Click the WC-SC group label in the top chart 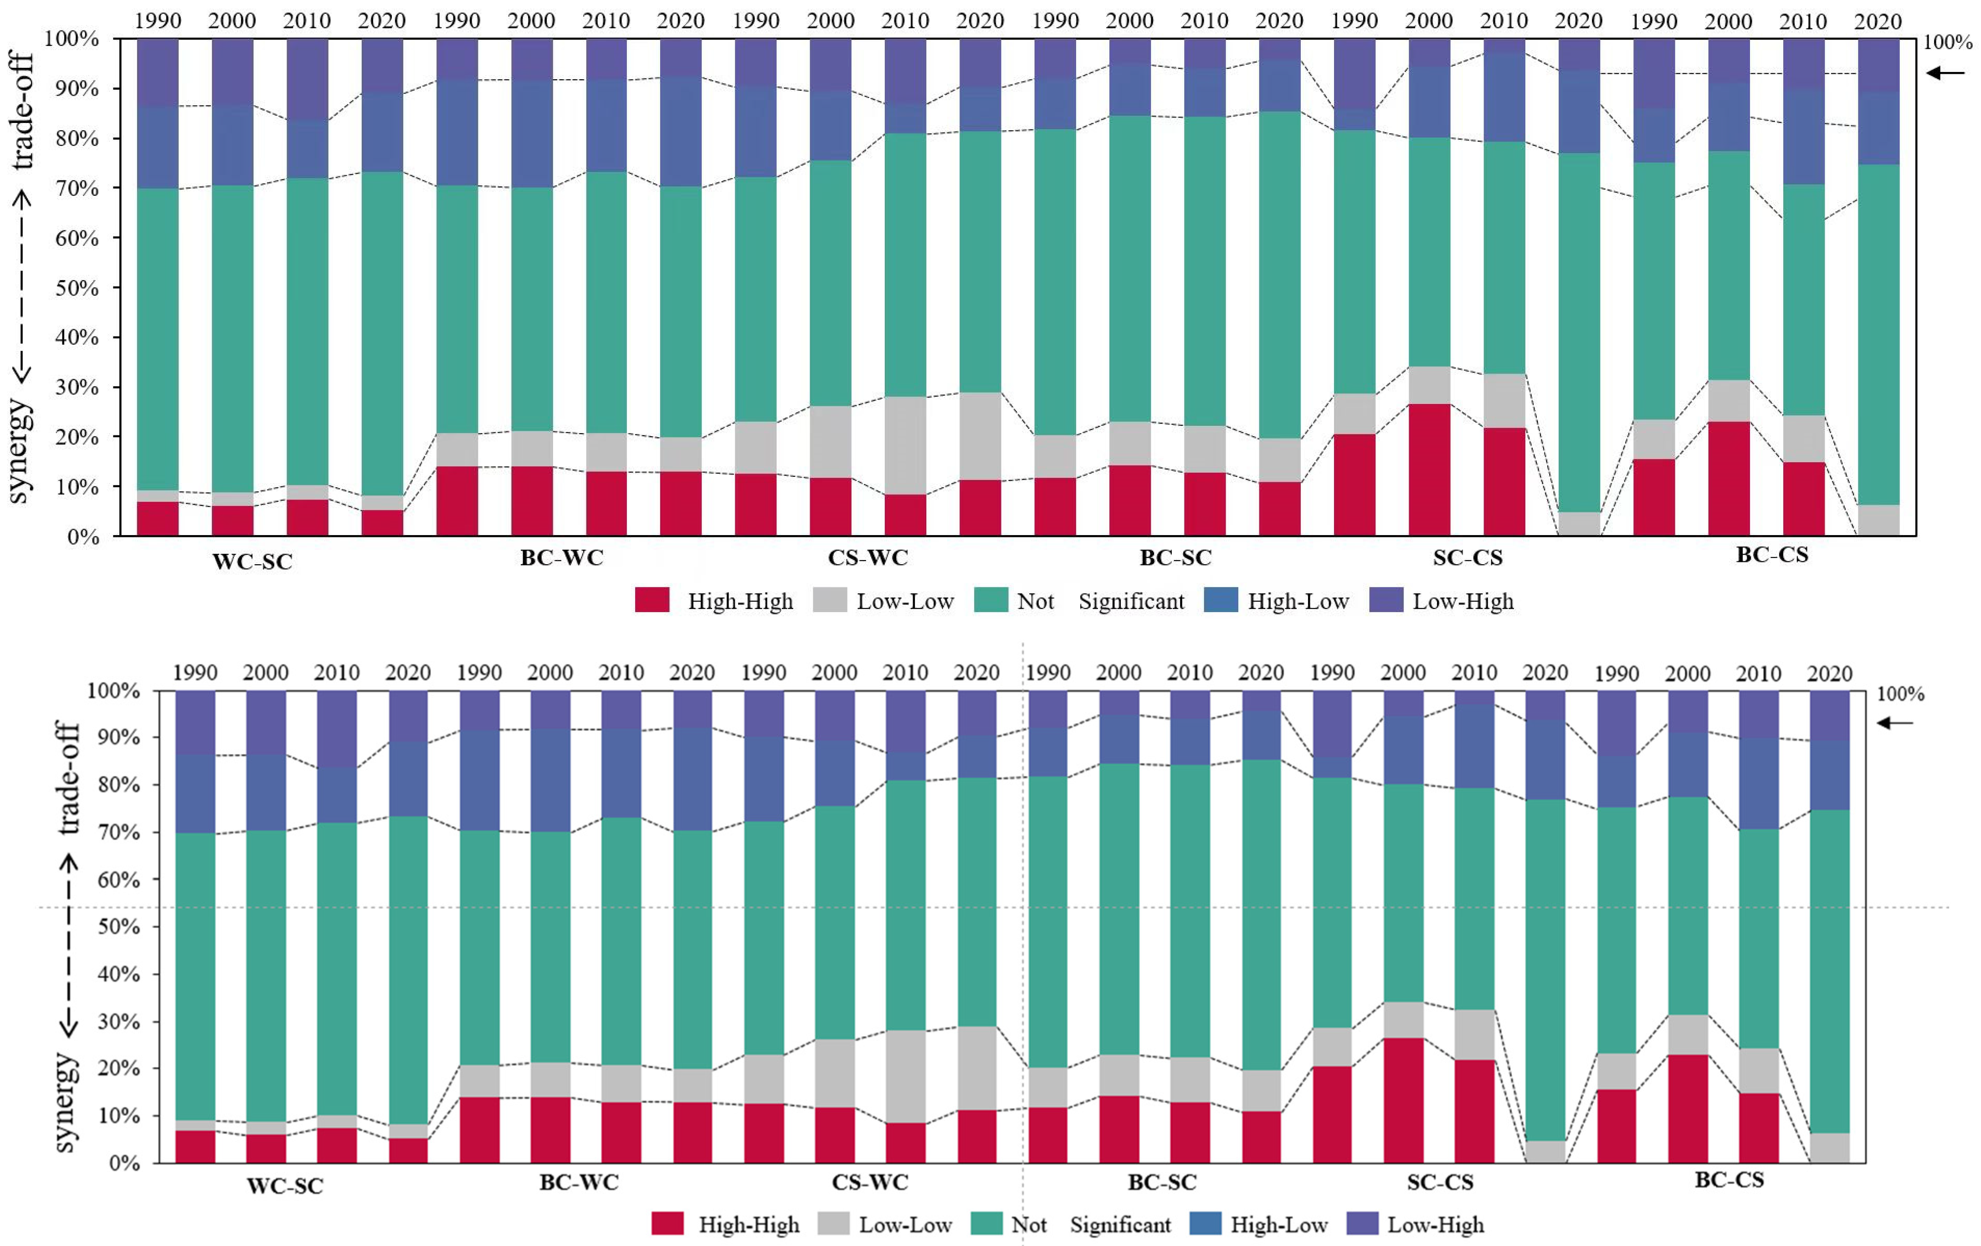[x=252, y=562]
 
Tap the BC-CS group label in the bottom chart [x=1729, y=1180]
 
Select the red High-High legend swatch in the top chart [x=652, y=600]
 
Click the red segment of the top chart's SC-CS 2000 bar [x=1429, y=470]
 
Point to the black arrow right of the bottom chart [x=1894, y=723]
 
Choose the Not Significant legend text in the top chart [x=1101, y=601]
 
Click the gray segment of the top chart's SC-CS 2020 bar [x=1579, y=524]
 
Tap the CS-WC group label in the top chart [x=868, y=557]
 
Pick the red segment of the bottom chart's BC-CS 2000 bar [x=1688, y=1108]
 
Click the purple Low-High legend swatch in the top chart [x=1386, y=600]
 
